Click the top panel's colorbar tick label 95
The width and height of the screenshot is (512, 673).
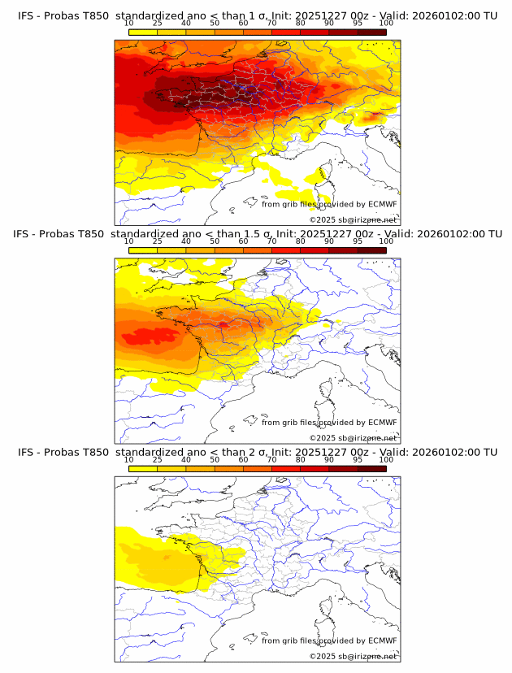(357, 24)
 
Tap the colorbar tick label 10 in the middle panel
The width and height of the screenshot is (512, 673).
(129, 241)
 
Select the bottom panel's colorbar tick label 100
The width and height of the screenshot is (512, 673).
(385, 459)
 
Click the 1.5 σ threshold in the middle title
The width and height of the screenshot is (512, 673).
(245, 233)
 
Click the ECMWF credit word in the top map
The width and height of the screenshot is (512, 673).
(382, 205)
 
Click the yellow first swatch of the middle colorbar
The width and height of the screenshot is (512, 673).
(143, 250)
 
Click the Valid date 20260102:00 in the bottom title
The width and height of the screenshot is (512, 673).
(442, 452)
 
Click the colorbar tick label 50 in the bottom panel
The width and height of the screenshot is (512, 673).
(215, 459)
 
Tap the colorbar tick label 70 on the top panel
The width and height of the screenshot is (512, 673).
(271, 24)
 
